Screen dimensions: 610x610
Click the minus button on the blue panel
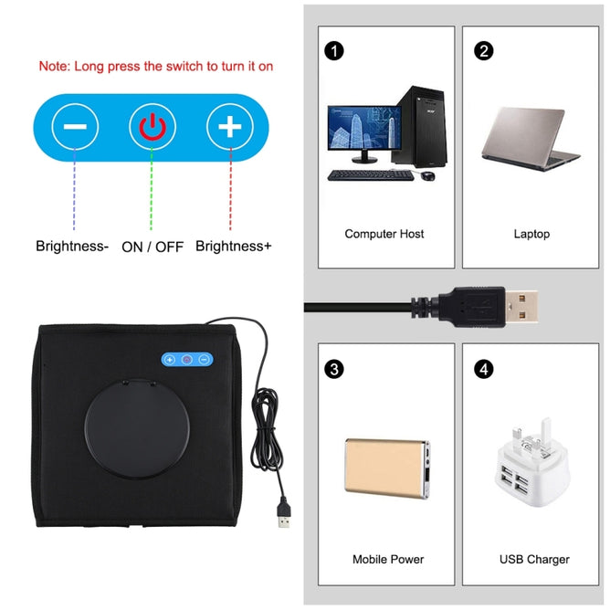pyautogui.click(x=75, y=126)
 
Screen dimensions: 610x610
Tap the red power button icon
pyautogui.click(x=152, y=126)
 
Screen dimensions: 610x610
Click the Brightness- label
pyautogui.click(x=72, y=246)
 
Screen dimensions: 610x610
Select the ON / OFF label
pyautogui.click(x=152, y=246)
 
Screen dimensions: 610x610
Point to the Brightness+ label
pyautogui.click(x=233, y=246)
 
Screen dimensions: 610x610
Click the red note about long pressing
pyautogui.click(x=155, y=67)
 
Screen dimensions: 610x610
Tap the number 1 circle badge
pyautogui.click(x=334, y=51)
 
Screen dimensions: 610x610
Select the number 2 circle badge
pyautogui.click(x=483, y=51)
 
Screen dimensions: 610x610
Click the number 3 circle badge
pyautogui.click(x=334, y=369)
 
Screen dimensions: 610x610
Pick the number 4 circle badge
pyautogui.click(x=483, y=369)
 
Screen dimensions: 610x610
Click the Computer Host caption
pyautogui.click(x=384, y=234)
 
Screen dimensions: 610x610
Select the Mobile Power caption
pyautogui.click(x=388, y=559)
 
